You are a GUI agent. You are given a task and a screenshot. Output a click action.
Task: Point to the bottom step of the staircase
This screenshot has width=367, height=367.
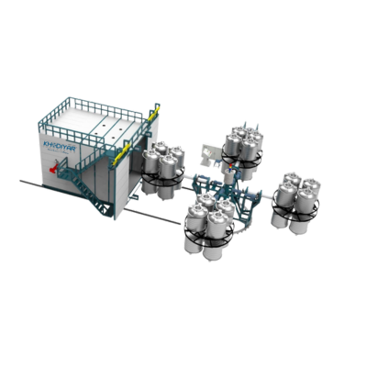(x=109, y=217)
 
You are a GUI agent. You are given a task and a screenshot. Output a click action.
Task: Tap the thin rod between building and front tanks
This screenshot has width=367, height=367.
(x=151, y=215)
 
